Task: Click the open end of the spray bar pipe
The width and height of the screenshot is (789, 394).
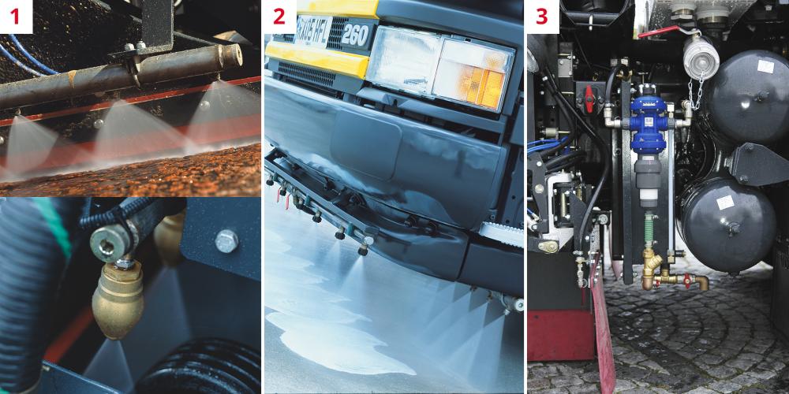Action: (x=233, y=55)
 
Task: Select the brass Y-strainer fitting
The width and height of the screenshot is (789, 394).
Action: (x=651, y=268)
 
